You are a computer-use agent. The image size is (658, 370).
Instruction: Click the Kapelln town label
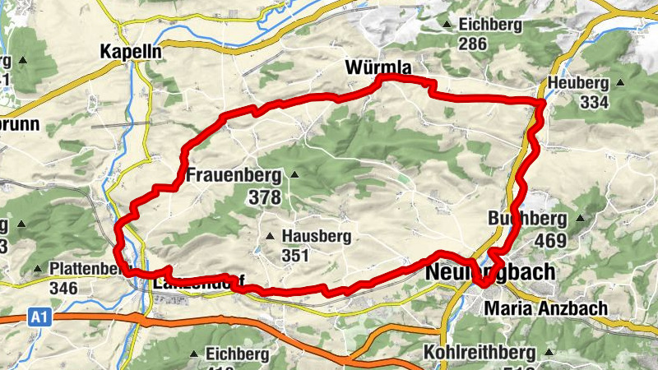pos(129,50)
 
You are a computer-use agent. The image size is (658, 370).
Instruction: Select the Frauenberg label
pos(234,175)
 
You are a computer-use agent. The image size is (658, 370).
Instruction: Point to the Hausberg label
pos(316,236)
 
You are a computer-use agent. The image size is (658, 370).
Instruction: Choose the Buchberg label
pos(527,220)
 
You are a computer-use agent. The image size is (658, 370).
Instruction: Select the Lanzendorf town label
pos(189,283)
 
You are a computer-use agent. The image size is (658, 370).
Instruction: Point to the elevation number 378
pos(267,197)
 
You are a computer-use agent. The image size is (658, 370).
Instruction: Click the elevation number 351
pos(294,256)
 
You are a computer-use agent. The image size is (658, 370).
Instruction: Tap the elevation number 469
pos(549,241)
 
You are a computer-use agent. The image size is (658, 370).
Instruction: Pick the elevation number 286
pos(474,44)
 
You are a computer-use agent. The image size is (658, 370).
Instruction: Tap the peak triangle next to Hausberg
pos(269,237)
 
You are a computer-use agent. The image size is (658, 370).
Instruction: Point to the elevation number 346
pos(63,289)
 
